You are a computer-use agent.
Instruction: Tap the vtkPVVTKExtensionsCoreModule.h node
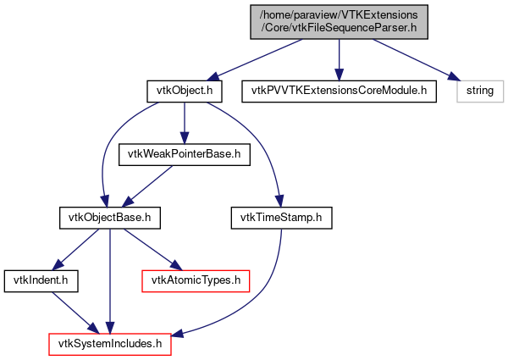click(x=339, y=89)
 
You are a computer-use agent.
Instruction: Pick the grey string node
click(x=481, y=89)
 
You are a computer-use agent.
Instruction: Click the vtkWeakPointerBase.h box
click(x=185, y=153)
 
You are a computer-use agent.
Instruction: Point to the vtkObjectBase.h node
click(x=109, y=218)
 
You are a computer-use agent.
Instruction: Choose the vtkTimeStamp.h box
click(x=281, y=218)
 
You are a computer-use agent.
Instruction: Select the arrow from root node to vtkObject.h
click(x=254, y=57)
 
